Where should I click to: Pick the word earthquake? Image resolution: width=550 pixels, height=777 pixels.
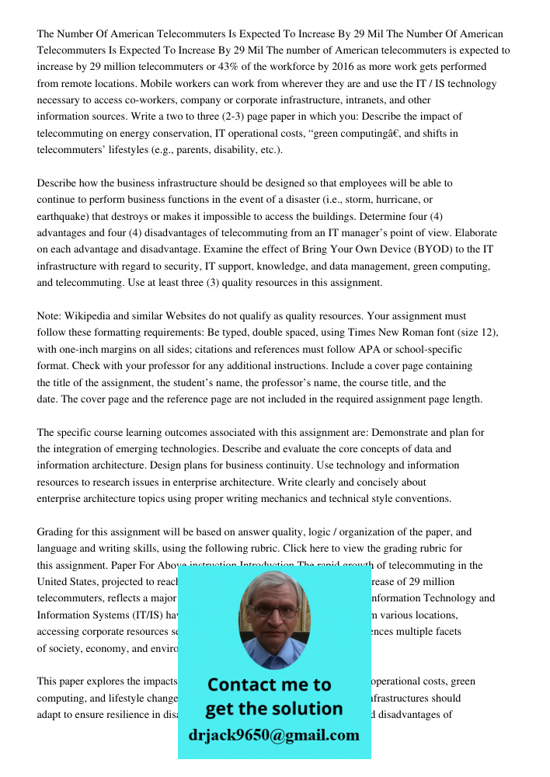point(64,216)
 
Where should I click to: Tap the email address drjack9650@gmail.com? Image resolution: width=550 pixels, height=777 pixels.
point(274,735)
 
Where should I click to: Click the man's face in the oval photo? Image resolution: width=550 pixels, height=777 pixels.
point(273,614)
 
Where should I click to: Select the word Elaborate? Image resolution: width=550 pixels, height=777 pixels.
point(474,233)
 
